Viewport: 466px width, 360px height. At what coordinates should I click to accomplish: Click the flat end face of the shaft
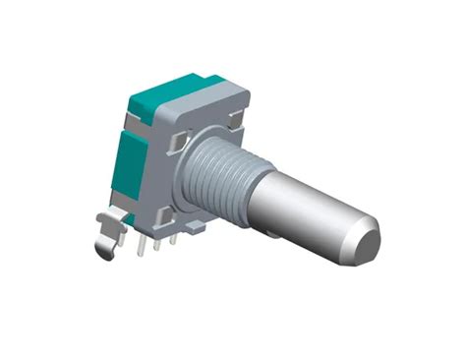(x=366, y=244)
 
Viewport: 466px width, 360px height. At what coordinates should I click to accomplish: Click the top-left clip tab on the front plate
(x=175, y=144)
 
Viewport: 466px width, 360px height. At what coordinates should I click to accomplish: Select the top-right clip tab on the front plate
(x=235, y=119)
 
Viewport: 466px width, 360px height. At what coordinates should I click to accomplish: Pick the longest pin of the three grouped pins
(x=145, y=246)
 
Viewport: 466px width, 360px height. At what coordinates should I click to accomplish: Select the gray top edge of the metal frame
(x=202, y=97)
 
